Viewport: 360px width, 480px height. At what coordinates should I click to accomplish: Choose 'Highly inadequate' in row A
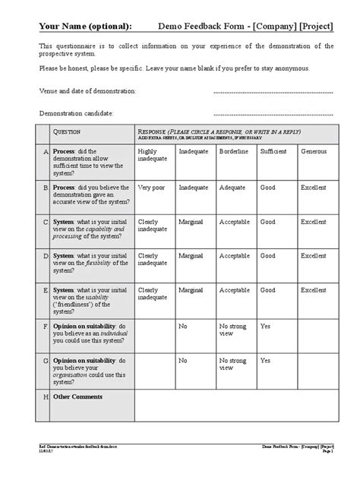coord(152,156)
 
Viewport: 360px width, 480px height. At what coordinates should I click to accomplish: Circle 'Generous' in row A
coord(314,152)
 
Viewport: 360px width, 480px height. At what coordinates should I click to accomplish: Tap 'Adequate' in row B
coord(232,187)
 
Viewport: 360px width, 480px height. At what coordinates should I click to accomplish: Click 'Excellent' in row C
coord(314,223)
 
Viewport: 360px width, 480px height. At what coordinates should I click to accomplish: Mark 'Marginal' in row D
coord(192,257)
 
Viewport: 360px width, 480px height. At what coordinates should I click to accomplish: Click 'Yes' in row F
coord(266,326)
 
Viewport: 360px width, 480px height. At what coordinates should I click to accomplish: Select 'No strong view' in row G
coord(235,365)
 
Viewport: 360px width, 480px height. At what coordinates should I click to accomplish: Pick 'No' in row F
coord(183,326)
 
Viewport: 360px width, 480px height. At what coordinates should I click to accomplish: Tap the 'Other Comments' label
coord(77,397)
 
